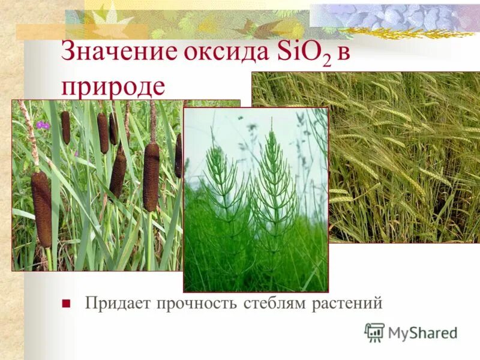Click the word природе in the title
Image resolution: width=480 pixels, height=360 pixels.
click(x=112, y=86)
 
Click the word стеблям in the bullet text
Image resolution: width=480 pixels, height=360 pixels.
click(x=276, y=303)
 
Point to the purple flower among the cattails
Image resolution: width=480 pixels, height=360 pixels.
click(x=42, y=125)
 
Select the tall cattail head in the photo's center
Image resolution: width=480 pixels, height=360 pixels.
click(x=151, y=177)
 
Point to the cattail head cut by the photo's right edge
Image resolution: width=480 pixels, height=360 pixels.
click(x=179, y=155)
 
